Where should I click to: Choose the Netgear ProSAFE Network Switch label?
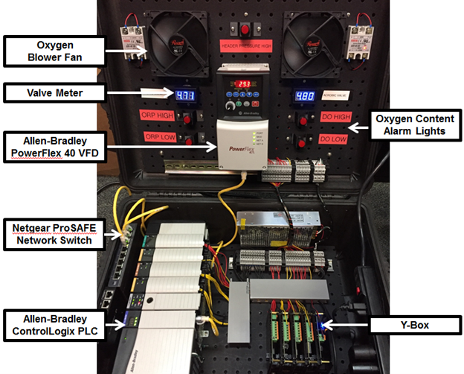point(54,231)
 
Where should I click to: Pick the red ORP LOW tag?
point(158,138)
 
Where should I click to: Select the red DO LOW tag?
point(332,139)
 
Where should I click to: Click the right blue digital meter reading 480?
point(306,96)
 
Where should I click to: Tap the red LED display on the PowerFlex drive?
point(243,83)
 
